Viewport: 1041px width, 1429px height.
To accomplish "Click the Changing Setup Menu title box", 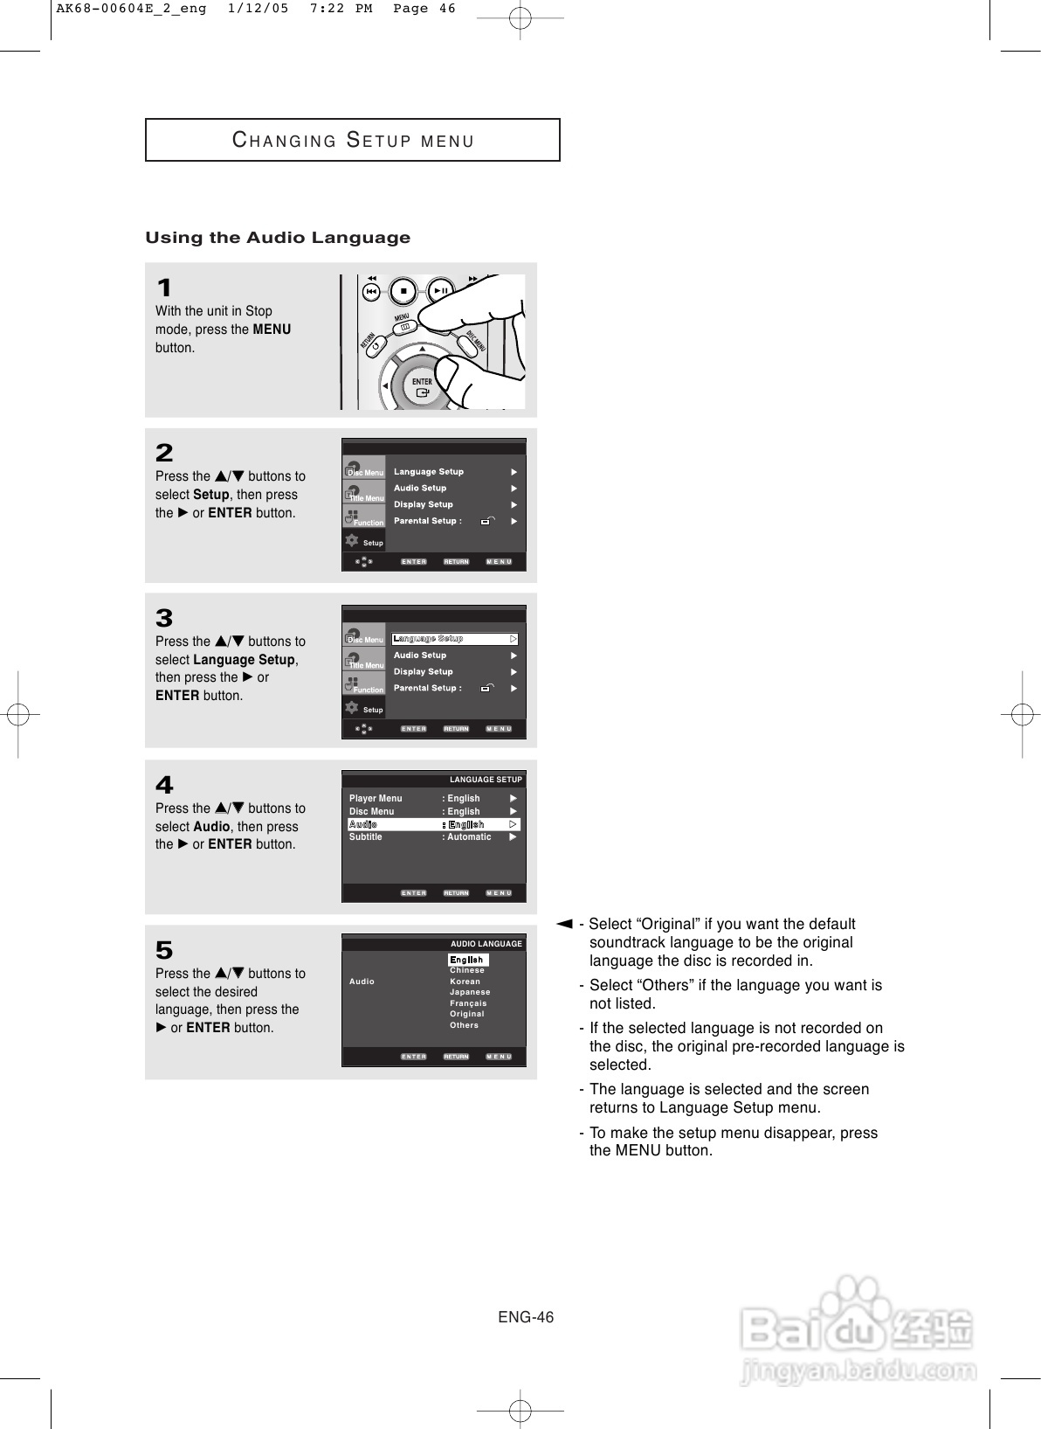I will pyautogui.click(x=352, y=140).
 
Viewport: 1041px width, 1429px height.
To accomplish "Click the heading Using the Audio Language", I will pyautogui.click(x=278, y=238).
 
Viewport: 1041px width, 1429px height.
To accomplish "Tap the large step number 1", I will pyautogui.click(x=164, y=288).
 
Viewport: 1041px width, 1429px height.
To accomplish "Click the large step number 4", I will pyautogui.click(x=164, y=785).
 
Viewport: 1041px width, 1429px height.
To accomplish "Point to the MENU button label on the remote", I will pyautogui.click(x=402, y=317).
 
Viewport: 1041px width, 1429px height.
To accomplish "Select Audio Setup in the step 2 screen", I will pyautogui.click(x=420, y=489).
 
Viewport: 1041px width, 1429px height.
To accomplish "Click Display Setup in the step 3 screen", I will pyautogui.click(x=424, y=672).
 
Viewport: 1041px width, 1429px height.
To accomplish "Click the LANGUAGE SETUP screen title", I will pyautogui.click(x=486, y=780).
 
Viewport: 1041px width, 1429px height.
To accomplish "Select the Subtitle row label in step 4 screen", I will pyautogui.click(x=366, y=837).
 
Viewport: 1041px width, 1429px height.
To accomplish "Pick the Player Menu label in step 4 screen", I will pyautogui.click(x=376, y=798).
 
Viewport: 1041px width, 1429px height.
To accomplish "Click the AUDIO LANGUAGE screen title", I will pyautogui.click(x=486, y=944).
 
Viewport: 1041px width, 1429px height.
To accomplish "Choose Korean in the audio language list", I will pyautogui.click(x=465, y=982).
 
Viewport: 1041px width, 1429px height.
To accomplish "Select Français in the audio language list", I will pyautogui.click(x=468, y=1003).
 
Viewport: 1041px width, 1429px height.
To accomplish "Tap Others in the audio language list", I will pyautogui.click(x=464, y=1025).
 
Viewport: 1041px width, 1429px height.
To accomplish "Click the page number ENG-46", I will pyautogui.click(x=526, y=1317).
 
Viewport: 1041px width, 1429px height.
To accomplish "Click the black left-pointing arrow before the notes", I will pyautogui.click(x=564, y=924).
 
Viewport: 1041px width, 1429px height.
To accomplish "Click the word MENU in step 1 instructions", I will pyautogui.click(x=272, y=330).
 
